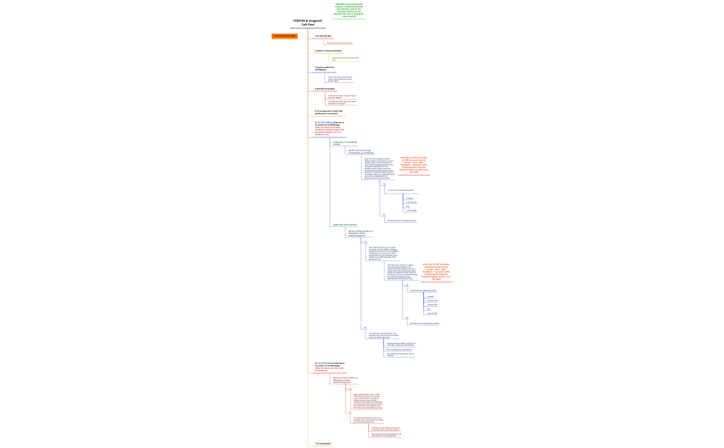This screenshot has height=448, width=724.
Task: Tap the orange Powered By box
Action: point(284,36)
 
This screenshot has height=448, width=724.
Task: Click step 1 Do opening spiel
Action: point(323,36)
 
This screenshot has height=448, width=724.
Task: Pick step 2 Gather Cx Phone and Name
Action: point(328,50)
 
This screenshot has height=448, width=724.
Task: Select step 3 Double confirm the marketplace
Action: point(325,68)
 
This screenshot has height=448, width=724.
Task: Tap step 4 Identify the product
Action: point(324,88)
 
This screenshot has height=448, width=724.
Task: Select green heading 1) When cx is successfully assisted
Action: point(345,143)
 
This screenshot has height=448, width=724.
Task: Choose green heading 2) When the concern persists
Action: point(345,224)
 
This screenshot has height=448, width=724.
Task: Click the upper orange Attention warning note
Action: point(414,165)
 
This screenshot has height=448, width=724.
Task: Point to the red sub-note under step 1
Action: point(339,43)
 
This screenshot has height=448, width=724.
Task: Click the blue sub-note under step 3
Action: point(340,79)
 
